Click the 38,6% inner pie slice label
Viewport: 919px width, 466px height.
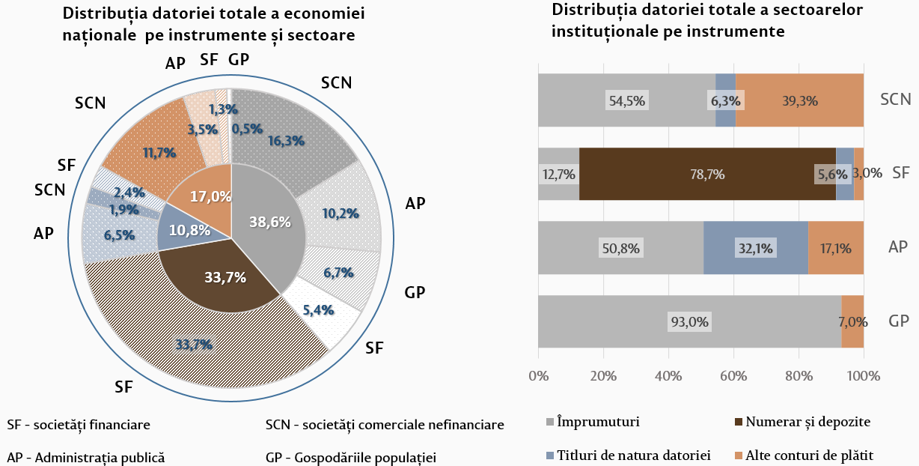(x=269, y=223)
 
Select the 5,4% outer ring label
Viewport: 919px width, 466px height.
(x=319, y=308)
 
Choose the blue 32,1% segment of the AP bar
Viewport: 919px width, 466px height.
(x=756, y=248)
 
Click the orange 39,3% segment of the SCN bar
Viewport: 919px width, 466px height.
(x=799, y=100)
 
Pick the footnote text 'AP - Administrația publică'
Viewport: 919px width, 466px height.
(x=85, y=457)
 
